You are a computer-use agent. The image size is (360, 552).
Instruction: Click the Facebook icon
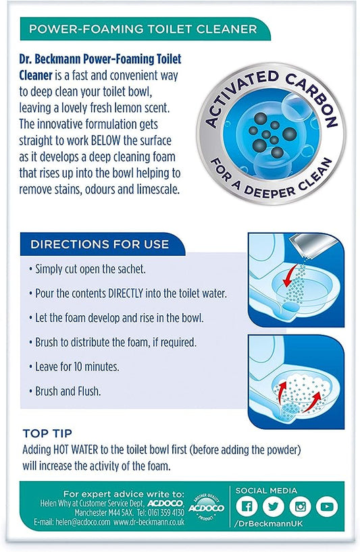pos(247,507)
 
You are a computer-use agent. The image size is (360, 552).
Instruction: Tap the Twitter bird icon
pos(274,507)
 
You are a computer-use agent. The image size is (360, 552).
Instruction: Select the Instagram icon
pos(300,507)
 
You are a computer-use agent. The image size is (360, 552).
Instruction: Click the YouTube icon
pos(327,507)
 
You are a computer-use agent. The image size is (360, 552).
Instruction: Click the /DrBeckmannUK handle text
pos(267,524)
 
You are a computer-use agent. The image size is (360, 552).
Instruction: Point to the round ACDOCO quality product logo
pos(207,507)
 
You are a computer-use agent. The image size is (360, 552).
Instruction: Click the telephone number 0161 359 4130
pos(165,512)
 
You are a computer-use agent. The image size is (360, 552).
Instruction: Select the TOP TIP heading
pos(47,433)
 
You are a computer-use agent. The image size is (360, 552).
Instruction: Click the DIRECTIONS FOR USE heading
pos(100,244)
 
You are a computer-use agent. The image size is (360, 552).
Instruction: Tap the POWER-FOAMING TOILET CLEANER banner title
pos(143,29)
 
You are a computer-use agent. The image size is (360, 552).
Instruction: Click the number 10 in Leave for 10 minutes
pos(78,367)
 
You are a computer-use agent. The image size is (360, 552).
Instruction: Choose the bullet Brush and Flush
pos(65,391)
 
